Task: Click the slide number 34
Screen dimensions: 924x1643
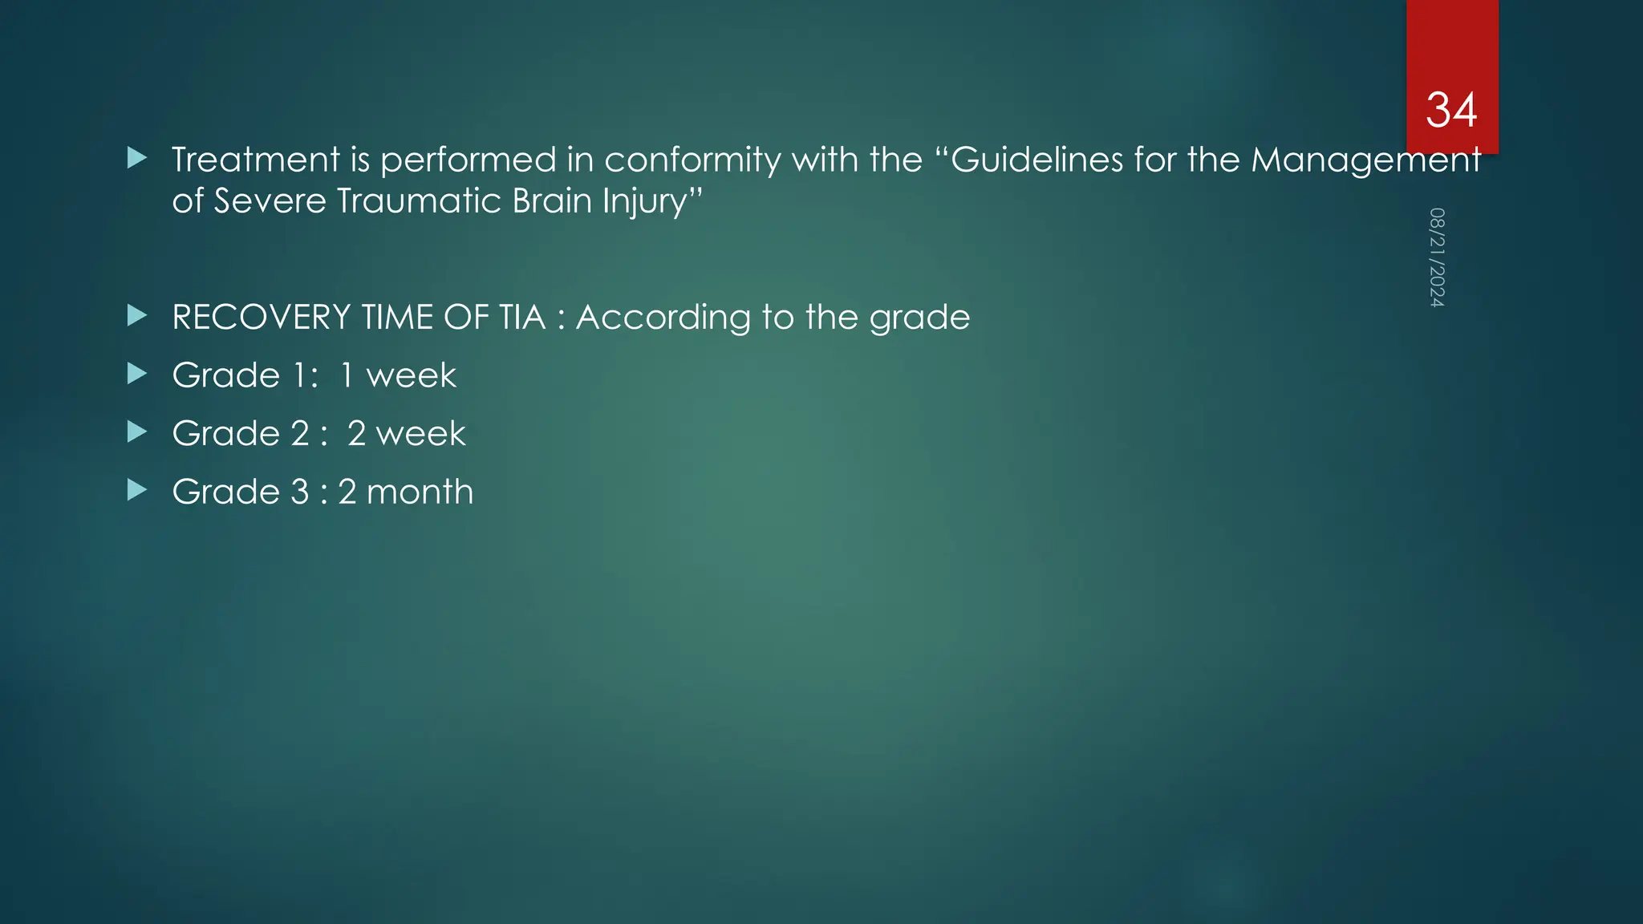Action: [1451, 110]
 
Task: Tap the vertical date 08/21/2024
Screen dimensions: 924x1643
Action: [1437, 257]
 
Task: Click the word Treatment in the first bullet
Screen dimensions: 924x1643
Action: [256, 160]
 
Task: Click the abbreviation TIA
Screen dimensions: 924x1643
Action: [522, 318]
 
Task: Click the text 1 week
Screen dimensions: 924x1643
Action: [398, 375]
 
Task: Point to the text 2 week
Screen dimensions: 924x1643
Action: [406, 434]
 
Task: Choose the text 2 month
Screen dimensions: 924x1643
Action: [405, 492]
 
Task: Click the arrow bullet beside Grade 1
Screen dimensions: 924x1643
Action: [137, 374]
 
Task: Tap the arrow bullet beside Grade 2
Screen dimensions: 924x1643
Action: [137, 432]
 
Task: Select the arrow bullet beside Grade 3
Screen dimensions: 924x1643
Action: [137, 490]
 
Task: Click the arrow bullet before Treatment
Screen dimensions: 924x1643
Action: [137, 158]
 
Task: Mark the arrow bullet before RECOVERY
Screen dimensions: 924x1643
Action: [137, 316]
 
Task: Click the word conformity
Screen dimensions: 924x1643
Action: [692, 160]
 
